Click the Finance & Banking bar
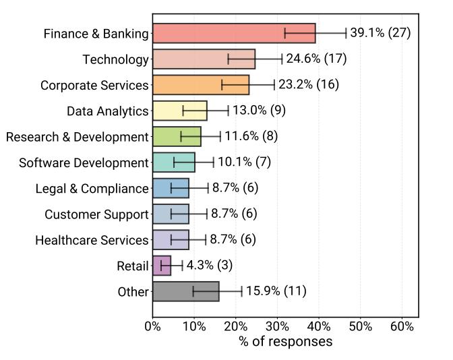(x=234, y=33)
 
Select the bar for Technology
(x=204, y=59)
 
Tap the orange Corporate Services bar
(x=201, y=85)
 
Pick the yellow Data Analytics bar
(x=179, y=111)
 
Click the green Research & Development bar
(x=177, y=137)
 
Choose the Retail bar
(x=162, y=266)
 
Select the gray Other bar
(x=185, y=291)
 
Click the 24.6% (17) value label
(x=316, y=59)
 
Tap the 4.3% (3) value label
(x=210, y=266)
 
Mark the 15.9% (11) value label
(x=276, y=291)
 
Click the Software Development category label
(x=84, y=162)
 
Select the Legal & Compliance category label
(x=92, y=189)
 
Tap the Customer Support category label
(x=96, y=214)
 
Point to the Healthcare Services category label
(x=92, y=240)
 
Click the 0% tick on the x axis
(x=153, y=327)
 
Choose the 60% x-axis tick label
(x=402, y=327)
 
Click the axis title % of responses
(x=285, y=342)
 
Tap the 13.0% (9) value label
(x=260, y=111)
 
